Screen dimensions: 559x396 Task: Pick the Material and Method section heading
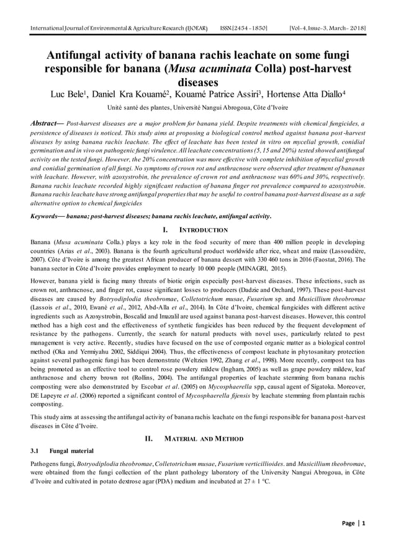197,439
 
